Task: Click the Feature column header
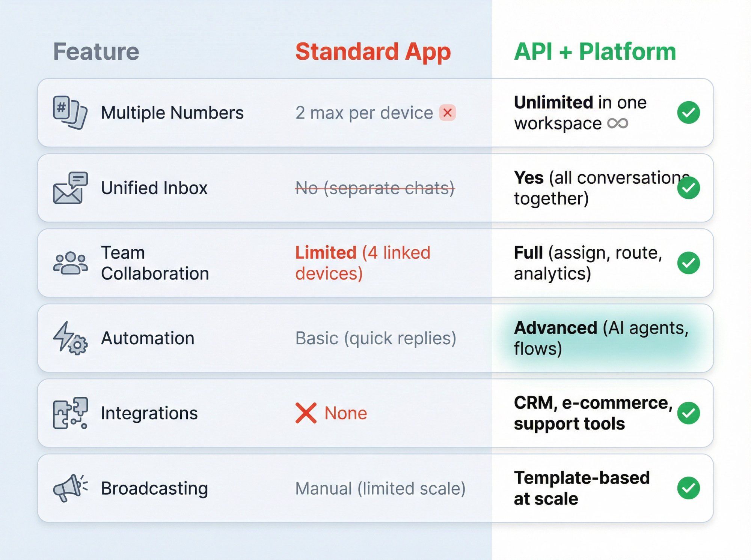tap(96, 51)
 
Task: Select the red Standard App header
tap(373, 51)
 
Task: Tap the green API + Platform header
tap(595, 51)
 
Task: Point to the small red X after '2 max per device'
tap(447, 113)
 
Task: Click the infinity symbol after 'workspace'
tap(618, 123)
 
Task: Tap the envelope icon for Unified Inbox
tap(70, 188)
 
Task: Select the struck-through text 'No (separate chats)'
tap(375, 188)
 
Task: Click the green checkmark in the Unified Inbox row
tap(688, 188)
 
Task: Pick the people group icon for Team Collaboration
tap(70, 263)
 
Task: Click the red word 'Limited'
tap(326, 252)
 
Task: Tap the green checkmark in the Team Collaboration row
tap(688, 263)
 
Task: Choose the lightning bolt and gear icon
tap(70, 338)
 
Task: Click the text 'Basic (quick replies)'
tap(375, 338)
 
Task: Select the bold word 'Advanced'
tap(555, 328)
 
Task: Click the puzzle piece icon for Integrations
tap(70, 413)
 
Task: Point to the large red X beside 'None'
tap(306, 413)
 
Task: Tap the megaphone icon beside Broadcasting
tap(70, 488)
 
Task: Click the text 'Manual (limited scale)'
tap(380, 488)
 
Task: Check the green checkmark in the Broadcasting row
tap(688, 488)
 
